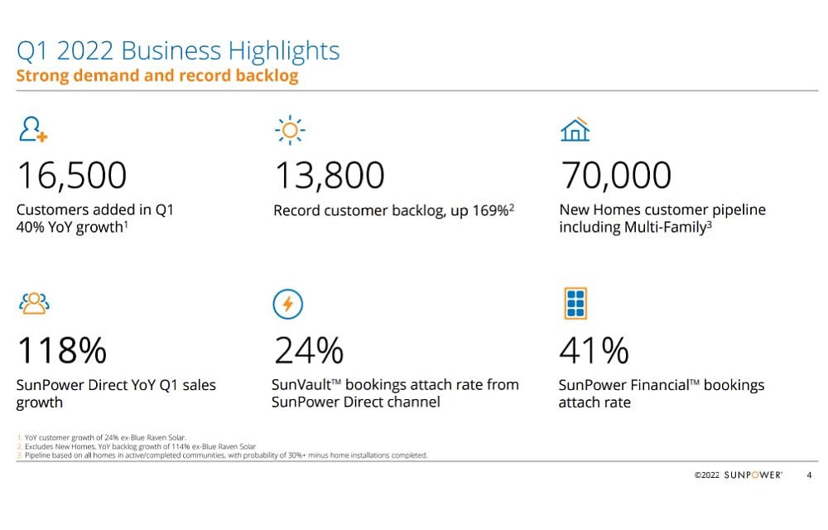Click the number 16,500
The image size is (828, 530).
72,176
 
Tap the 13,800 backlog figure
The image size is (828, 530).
330,176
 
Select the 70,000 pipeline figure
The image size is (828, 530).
616,176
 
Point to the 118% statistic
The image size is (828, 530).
62,350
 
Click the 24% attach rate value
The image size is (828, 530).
309,350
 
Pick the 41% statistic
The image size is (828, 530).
595,350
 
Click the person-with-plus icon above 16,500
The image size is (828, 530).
34,131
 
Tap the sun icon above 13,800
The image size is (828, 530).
290,130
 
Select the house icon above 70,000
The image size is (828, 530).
575,130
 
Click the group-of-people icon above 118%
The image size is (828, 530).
35,304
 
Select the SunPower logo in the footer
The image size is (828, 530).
753,475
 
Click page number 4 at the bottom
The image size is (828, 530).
809,475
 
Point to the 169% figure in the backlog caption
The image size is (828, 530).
490,210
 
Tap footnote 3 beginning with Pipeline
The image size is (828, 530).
222,455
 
